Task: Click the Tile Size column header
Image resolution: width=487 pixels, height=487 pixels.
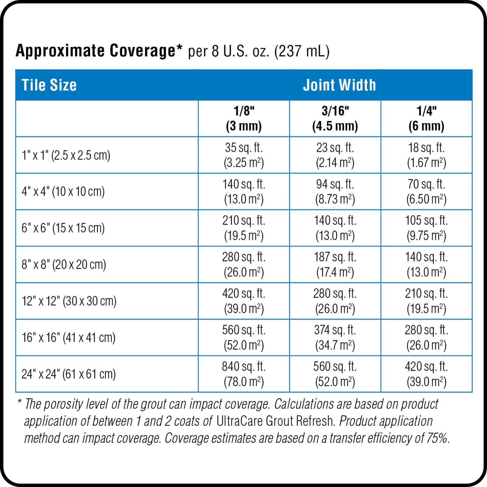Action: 49,85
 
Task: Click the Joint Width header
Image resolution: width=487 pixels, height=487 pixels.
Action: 339,85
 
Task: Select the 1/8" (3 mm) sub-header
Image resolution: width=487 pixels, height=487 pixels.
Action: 244,118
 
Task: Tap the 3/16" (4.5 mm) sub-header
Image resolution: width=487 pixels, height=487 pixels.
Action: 335,118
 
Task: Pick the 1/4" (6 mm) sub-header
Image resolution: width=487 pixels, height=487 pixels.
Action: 426,118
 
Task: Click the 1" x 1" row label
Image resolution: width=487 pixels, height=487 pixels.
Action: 66,155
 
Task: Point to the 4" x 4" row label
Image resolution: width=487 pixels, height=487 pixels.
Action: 63,192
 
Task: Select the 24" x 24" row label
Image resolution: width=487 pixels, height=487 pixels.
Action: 68,374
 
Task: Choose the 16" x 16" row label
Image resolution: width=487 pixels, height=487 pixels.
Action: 68,338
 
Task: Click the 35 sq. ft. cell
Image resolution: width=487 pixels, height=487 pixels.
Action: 244,155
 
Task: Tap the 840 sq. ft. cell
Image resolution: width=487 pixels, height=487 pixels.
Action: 244,374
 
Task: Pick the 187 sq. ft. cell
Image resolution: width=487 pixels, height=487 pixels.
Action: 335,264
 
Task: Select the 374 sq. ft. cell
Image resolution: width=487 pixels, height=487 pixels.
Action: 335,337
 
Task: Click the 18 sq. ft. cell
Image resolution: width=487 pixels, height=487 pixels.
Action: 426,155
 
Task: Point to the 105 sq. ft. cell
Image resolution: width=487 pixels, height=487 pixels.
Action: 426,228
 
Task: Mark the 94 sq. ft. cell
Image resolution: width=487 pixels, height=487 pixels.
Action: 335,191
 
